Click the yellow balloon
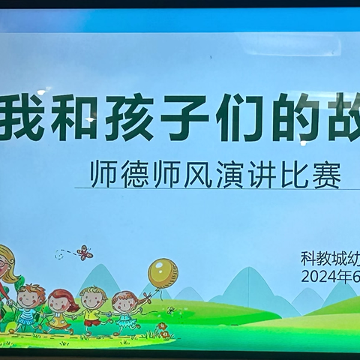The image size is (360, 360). pyautogui.click(x=163, y=273)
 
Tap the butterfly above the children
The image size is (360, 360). pyautogui.click(x=85, y=253)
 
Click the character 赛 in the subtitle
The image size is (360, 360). pyautogui.click(x=327, y=178)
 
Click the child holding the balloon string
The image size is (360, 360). pyautogui.click(x=125, y=307)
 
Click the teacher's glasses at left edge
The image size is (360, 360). pyautogui.click(x=4, y=265)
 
